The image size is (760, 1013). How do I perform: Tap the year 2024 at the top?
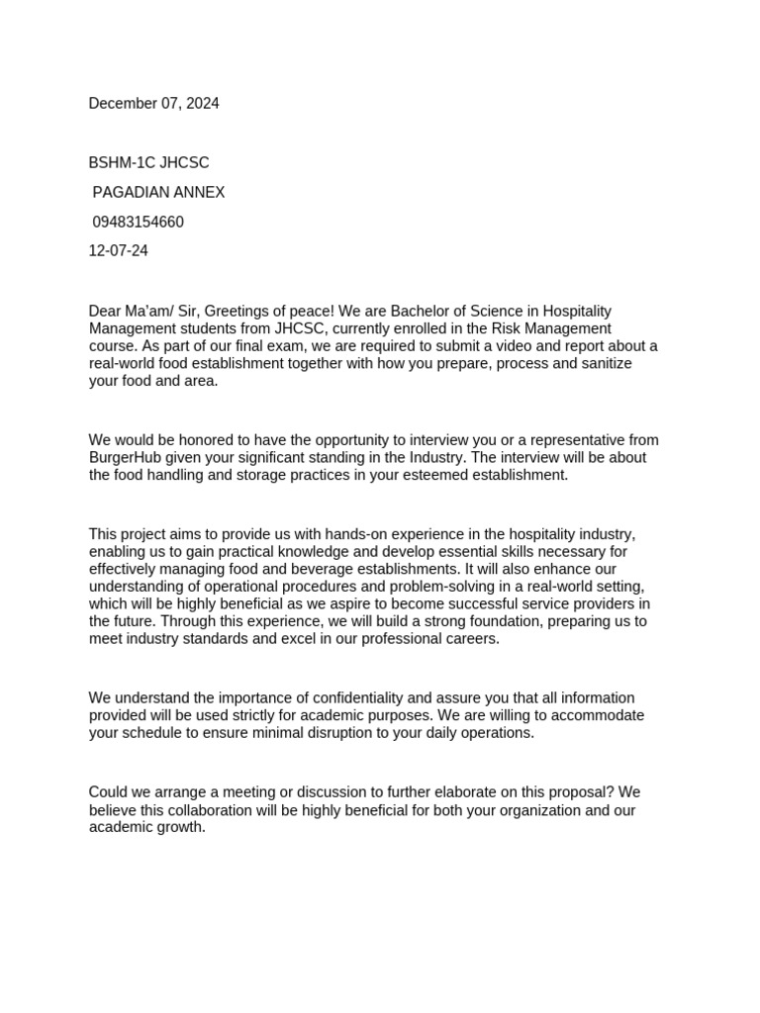point(201,104)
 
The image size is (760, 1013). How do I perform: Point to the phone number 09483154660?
point(138,222)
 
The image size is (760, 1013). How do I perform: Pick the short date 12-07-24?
point(119,251)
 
